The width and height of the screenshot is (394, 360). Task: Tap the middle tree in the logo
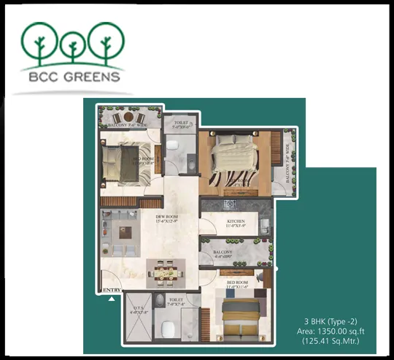tap(72, 43)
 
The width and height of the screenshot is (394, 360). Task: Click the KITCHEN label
tap(235, 222)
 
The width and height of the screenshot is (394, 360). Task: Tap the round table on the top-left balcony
tap(128, 117)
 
